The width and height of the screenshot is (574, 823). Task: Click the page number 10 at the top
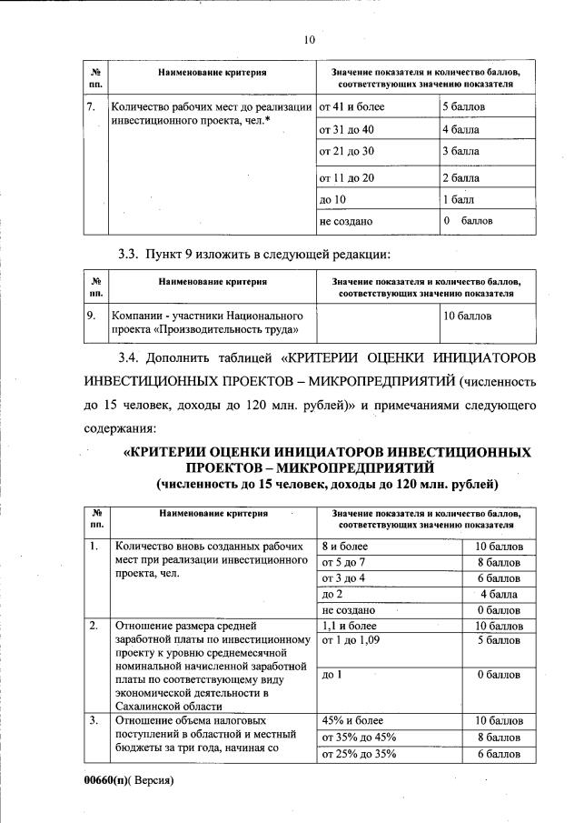point(308,39)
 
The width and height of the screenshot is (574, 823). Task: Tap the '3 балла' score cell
point(460,151)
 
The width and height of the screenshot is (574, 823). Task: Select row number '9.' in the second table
point(91,316)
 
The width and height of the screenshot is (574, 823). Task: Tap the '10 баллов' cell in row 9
point(467,316)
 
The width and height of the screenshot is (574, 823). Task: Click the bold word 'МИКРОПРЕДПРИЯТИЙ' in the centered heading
point(377,467)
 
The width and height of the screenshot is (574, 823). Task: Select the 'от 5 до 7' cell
point(342,562)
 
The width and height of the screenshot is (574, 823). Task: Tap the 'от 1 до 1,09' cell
point(351,640)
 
